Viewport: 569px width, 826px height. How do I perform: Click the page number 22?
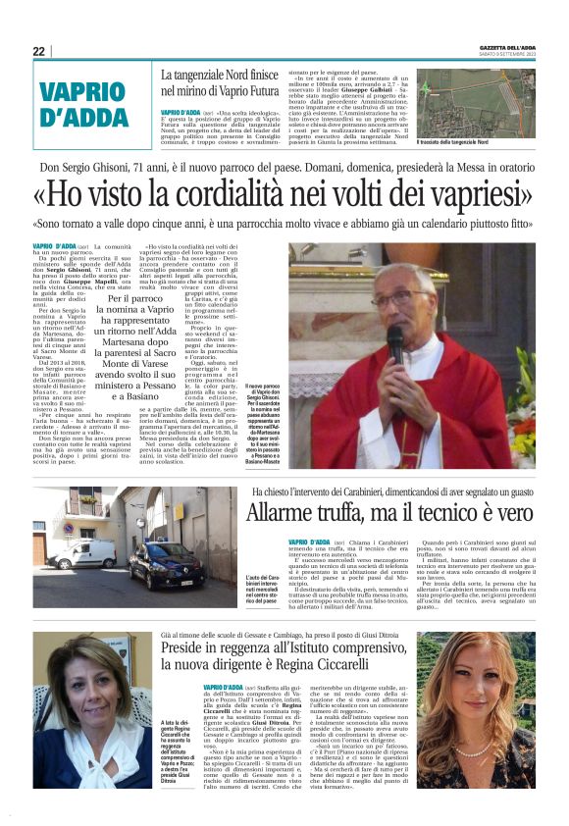coord(38,51)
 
